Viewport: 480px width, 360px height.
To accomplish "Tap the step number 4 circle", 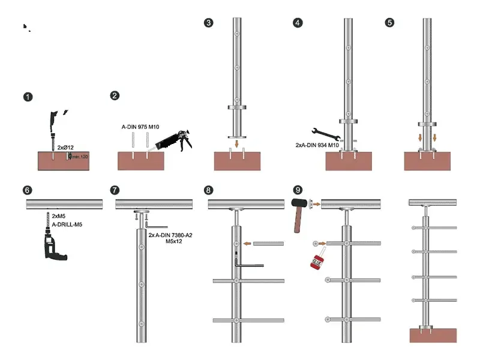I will pyautogui.click(x=298, y=23).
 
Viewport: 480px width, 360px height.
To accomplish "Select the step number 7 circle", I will pyautogui.click(x=116, y=190).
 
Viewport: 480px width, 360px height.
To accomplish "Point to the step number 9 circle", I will pyautogui.click(x=298, y=190).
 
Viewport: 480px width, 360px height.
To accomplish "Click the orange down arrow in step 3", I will pyautogui.click(x=237, y=143).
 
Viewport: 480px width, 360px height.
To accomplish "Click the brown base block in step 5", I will pyautogui.click(x=427, y=161).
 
